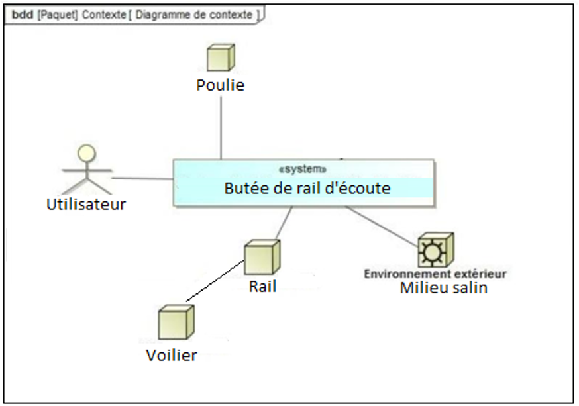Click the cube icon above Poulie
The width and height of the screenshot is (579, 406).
(x=221, y=58)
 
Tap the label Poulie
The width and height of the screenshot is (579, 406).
(x=220, y=85)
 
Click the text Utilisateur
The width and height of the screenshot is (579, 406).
(x=85, y=205)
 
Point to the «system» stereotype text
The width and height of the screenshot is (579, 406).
(x=303, y=170)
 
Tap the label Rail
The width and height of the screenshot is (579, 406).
(x=262, y=286)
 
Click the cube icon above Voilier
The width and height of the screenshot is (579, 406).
(x=176, y=323)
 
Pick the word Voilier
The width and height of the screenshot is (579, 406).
(x=171, y=355)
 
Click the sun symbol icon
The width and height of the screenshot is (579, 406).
(x=434, y=250)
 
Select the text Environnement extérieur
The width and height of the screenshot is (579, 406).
(x=435, y=273)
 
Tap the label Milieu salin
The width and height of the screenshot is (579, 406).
(x=443, y=287)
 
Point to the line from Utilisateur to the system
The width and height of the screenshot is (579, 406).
(x=142, y=178)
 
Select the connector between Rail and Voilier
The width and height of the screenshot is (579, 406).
(x=216, y=281)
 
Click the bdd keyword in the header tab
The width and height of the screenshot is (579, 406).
(x=23, y=15)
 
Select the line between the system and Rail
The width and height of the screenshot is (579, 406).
(x=284, y=223)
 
